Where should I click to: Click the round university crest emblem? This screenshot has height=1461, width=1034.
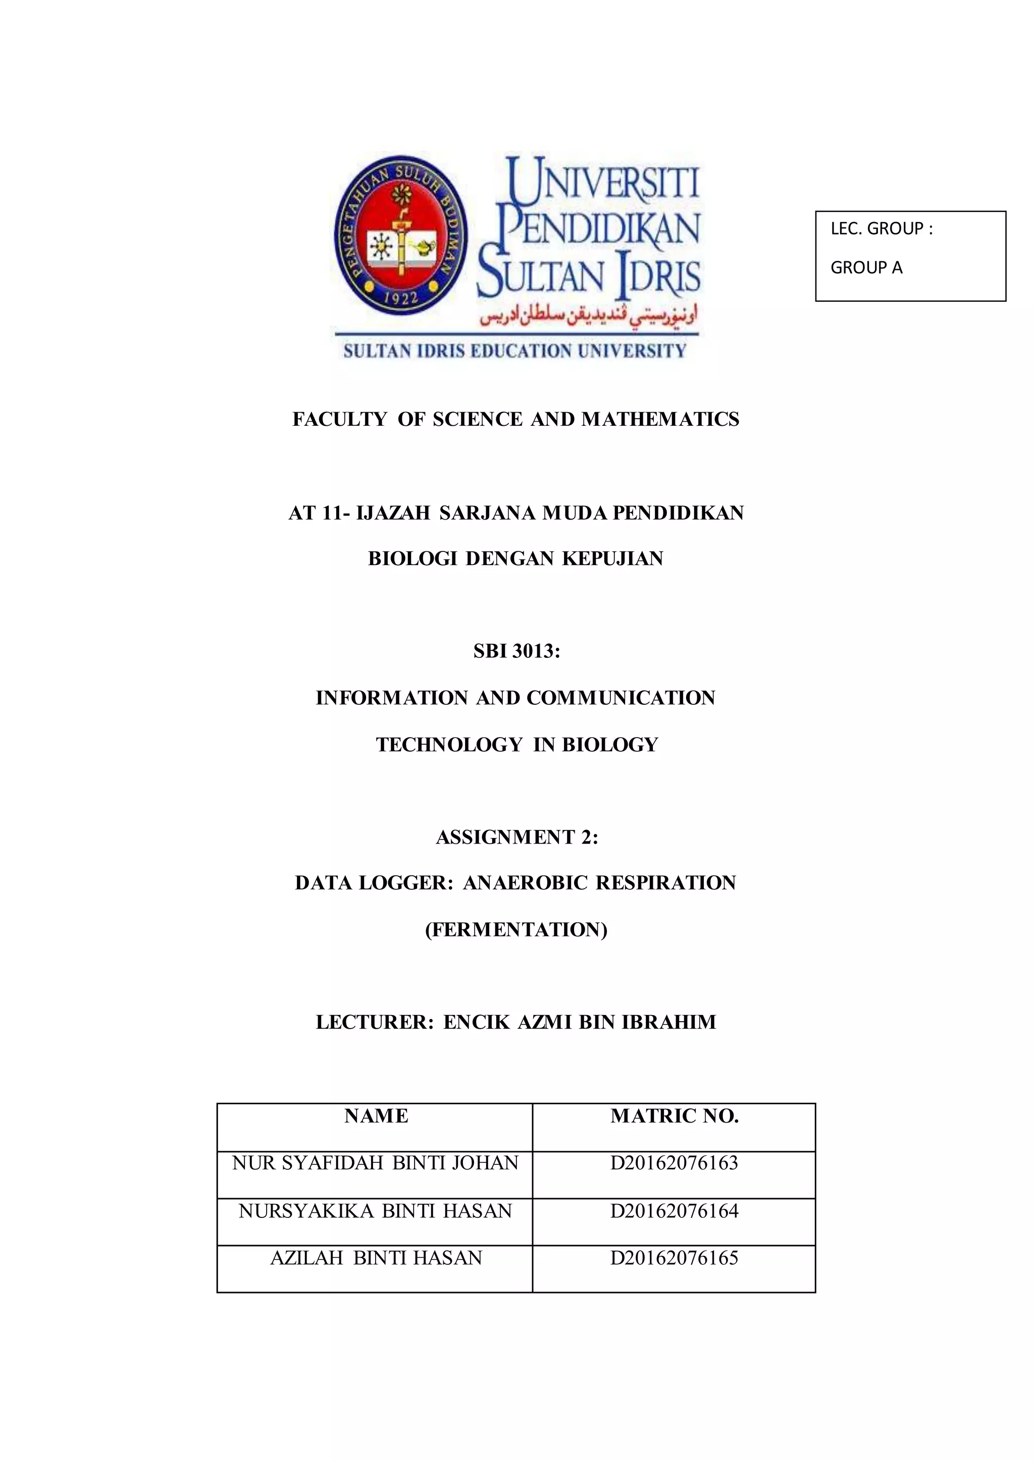pyautogui.click(x=400, y=234)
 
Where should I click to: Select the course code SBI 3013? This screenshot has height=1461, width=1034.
pyautogui.click(x=516, y=652)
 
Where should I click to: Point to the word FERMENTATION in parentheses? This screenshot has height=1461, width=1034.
pyautogui.click(x=516, y=930)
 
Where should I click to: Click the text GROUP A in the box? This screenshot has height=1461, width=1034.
pyautogui.click(x=866, y=268)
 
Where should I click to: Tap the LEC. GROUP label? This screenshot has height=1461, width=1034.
pyautogui.click(x=881, y=229)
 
